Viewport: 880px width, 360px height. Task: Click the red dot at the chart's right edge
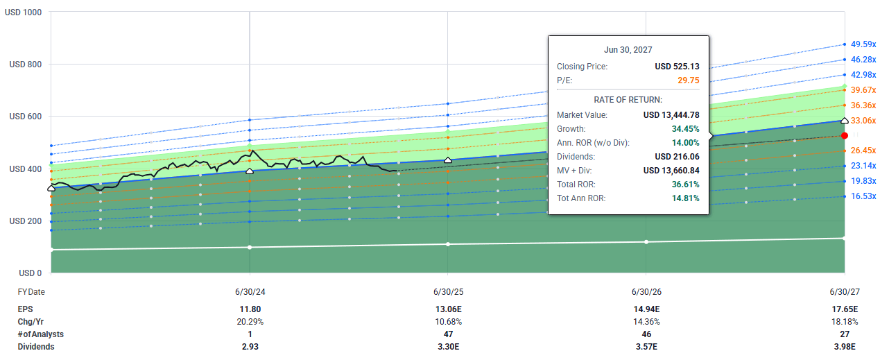tap(844, 136)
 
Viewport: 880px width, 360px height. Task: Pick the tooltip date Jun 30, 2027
tap(628, 50)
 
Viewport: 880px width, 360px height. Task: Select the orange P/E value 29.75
tap(687, 80)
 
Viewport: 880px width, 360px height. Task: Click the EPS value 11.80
tap(250, 309)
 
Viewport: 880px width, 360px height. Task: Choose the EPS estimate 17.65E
tap(845, 309)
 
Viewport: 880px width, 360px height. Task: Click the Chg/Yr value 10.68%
tap(448, 322)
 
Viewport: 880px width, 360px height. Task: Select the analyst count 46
tap(646, 334)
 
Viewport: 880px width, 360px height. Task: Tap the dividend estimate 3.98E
tap(845, 347)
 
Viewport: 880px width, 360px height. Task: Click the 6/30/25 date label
tap(448, 292)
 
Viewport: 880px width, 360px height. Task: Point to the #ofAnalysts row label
tap(42, 334)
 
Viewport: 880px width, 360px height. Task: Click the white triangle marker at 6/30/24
tap(250, 171)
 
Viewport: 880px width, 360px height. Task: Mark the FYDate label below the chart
tap(31, 292)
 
